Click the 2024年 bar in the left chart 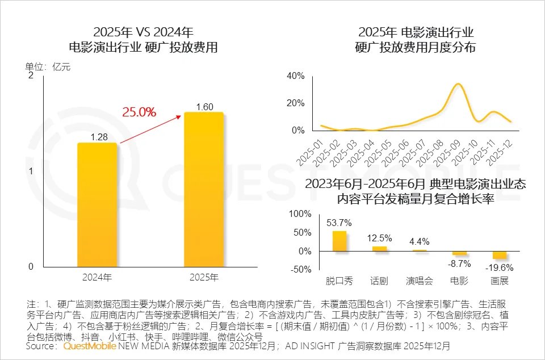coord(97,204)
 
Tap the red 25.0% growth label coord(139,112)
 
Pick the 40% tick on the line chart coord(296,76)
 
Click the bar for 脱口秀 coord(339,241)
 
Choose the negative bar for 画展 coord(500,254)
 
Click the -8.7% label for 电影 coord(459,264)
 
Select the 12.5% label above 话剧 coord(379,237)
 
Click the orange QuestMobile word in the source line coord(89,346)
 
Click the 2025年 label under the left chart coord(203,278)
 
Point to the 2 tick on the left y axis coord(31,76)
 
